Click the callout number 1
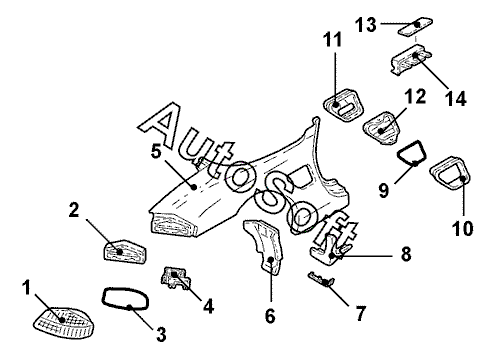coord(27,288)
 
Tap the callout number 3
coord(161,334)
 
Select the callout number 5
coord(156,151)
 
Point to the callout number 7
coord(360,313)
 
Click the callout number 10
coord(462,229)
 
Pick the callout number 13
coord(366,25)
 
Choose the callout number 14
coord(456,99)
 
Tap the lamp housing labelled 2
coord(124,252)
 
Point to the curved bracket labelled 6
coord(267,247)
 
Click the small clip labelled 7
coord(322,280)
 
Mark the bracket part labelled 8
coord(330,252)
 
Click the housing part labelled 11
coord(343,105)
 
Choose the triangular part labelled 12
coord(382,128)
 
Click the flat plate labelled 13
coord(416,26)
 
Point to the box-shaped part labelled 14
coord(410,60)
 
